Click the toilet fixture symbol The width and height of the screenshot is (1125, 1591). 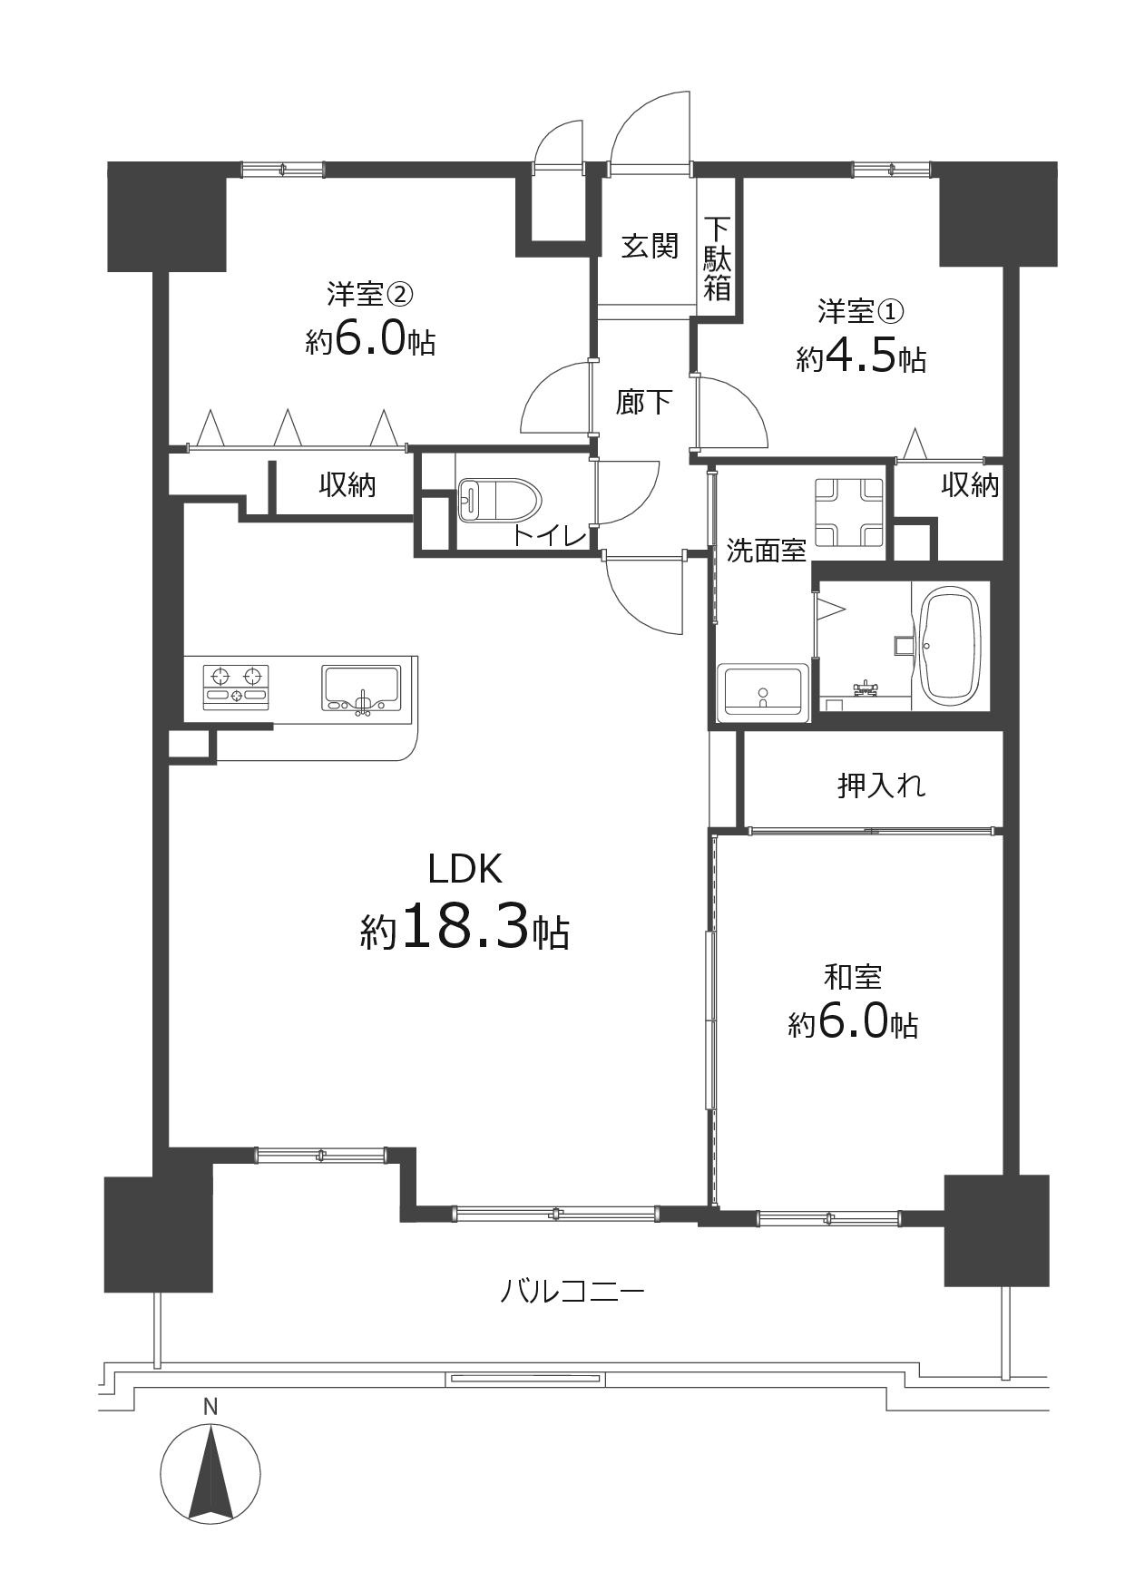pyautogui.click(x=497, y=499)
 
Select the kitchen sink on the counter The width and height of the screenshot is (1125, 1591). pyautogui.click(x=361, y=688)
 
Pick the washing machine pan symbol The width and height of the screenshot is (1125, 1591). pyautogui.click(x=849, y=512)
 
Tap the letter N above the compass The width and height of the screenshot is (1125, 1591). pyautogui.click(x=210, y=1408)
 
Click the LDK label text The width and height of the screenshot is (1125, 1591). pyautogui.click(x=465, y=870)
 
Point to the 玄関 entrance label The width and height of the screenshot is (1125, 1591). pyautogui.click(x=650, y=246)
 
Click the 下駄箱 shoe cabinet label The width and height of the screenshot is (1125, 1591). pyautogui.click(x=718, y=259)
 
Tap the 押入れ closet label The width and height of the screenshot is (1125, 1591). pyautogui.click(x=881, y=785)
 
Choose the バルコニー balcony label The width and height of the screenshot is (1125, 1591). pyautogui.click(x=572, y=1290)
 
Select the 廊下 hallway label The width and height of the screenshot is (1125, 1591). pyautogui.click(x=643, y=402)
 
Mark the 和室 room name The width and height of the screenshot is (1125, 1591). pyautogui.click(x=852, y=977)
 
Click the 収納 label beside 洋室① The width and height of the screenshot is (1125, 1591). pyautogui.click(x=969, y=485)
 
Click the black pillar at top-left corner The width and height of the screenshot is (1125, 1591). pyautogui.click(x=166, y=217)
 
